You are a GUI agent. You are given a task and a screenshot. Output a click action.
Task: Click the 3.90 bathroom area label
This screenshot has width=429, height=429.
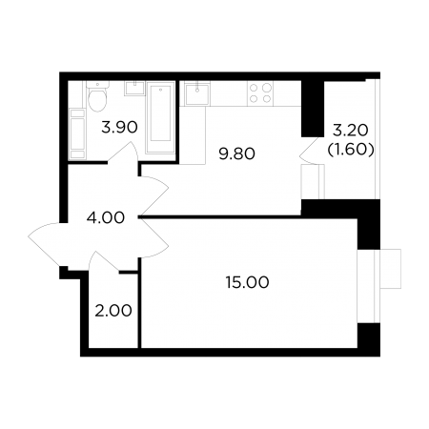point(119,128)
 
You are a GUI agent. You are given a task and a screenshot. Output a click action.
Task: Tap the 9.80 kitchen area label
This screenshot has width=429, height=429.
point(237,154)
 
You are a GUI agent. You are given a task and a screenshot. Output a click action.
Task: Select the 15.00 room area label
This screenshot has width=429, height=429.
point(247,282)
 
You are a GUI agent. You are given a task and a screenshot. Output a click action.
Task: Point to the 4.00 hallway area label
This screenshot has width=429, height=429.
point(106,217)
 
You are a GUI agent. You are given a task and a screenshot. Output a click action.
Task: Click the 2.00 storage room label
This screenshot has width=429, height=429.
point(113,311)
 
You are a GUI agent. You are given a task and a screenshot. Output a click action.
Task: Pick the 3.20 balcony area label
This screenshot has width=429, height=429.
point(350,130)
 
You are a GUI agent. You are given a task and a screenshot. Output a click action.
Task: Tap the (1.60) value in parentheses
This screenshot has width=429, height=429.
point(351,149)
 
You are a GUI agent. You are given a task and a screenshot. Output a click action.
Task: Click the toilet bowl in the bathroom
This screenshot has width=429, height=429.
point(97,96)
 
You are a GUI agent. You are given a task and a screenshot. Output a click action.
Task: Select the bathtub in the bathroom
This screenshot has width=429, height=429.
point(160,117)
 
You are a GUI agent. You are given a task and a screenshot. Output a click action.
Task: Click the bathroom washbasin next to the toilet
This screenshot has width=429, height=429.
point(134,88)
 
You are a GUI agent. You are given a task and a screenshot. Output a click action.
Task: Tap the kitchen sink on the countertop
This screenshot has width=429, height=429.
point(197,93)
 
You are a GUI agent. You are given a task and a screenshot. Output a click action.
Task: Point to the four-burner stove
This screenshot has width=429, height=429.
point(260,92)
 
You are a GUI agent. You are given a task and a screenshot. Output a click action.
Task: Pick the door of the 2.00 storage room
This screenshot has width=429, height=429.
point(104,261)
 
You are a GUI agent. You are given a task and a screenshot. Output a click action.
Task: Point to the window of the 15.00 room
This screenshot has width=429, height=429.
point(378,286)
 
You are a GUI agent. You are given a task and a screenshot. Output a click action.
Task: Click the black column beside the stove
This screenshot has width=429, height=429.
point(313,109)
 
